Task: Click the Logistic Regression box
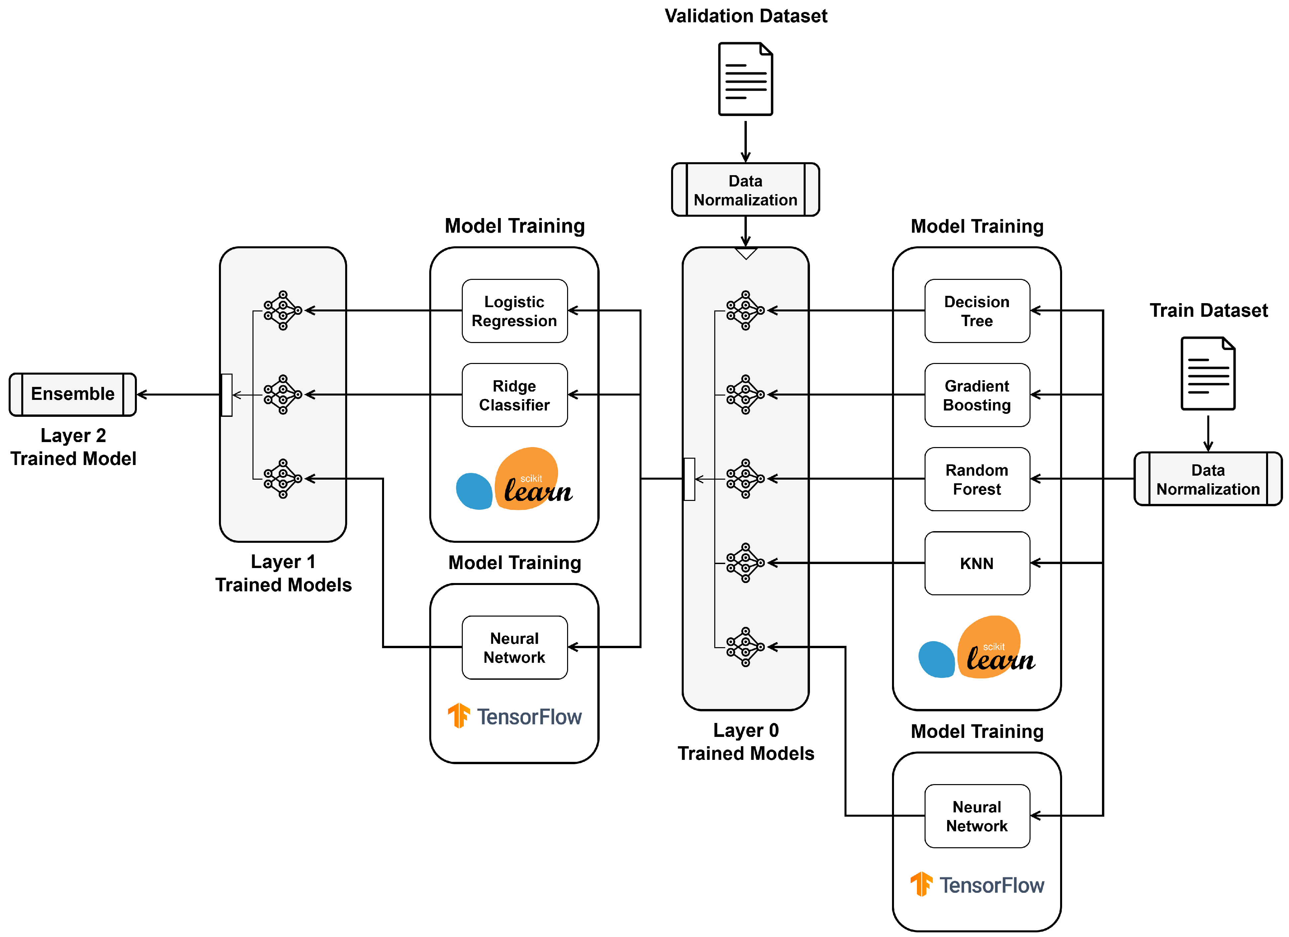coord(514,311)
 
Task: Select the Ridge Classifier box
coord(514,395)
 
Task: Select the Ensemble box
coord(73,394)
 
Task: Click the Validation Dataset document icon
coord(745,79)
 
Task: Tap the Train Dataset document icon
coord(1208,374)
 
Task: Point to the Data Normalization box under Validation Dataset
coord(745,190)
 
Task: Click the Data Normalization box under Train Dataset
coord(1208,479)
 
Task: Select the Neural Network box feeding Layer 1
coord(514,647)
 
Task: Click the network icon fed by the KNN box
coord(745,563)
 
